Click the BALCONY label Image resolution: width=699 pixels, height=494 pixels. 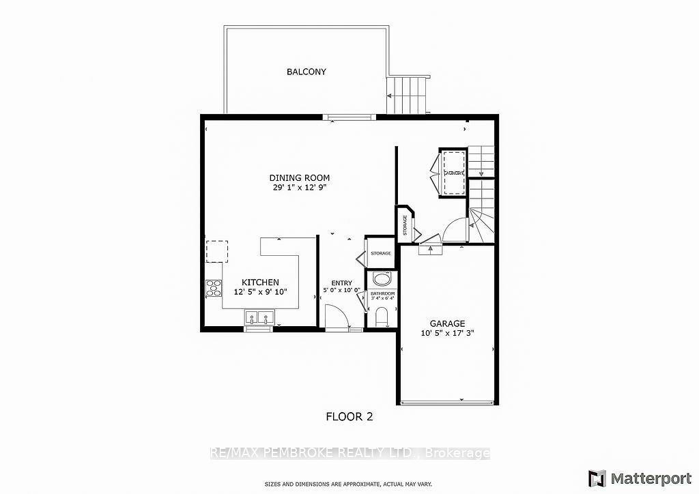click(306, 72)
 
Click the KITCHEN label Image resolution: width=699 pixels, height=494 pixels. click(260, 282)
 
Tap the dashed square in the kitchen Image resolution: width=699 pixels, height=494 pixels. click(218, 250)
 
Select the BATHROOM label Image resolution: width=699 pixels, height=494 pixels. click(382, 293)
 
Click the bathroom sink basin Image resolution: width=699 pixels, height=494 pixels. click(382, 279)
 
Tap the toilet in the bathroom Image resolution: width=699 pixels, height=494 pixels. click(382, 317)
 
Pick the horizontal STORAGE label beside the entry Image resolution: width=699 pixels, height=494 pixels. click(381, 254)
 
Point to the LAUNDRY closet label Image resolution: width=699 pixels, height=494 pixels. click(454, 173)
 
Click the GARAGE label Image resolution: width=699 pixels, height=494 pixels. click(447, 323)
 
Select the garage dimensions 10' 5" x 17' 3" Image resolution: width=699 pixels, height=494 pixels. click(447, 334)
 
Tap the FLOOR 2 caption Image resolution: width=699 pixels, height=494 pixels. click(348, 416)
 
